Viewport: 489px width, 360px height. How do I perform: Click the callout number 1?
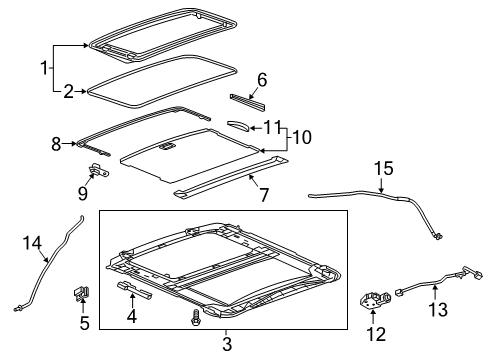[43, 68]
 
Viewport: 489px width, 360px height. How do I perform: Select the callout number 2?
[69, 91]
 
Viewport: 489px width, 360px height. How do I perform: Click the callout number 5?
[85, 323]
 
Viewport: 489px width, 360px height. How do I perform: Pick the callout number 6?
[262, 79]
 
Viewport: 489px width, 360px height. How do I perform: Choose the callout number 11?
[273, 127]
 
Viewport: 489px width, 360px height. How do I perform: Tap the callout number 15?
[383, 168]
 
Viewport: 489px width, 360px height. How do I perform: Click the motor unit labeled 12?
[375, 300]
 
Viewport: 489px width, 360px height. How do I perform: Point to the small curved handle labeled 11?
[240, 125]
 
